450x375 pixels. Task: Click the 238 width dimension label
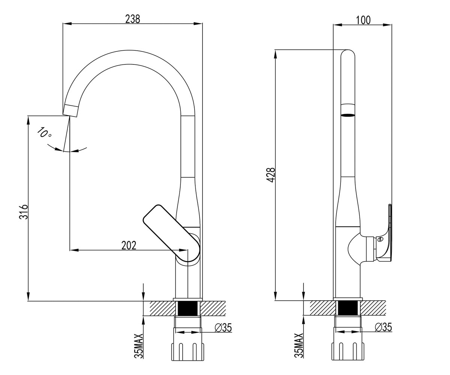(x=132, y=19)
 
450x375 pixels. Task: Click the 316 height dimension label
(x=24, y=212)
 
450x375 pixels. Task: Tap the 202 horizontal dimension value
(x=129, y=245)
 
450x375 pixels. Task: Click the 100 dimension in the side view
(x=363, y=20)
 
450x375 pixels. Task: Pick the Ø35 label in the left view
(x=223, y=328)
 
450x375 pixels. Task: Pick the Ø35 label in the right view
(x=383, y=327)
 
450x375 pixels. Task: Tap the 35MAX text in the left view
(x=139, y=346)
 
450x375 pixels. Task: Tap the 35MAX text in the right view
(x=299, y=345)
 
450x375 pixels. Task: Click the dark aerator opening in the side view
(x=348, y=115)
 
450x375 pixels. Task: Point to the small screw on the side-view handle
(x=380, y=239)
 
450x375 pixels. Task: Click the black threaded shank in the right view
(x=348, y=308)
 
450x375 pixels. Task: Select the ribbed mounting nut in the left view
(x=188, y=352)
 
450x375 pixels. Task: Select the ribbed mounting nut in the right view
(x=348, y=351)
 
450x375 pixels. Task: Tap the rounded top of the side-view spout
(x=348, y=53)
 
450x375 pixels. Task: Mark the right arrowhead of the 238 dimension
(x=198, y=24)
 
